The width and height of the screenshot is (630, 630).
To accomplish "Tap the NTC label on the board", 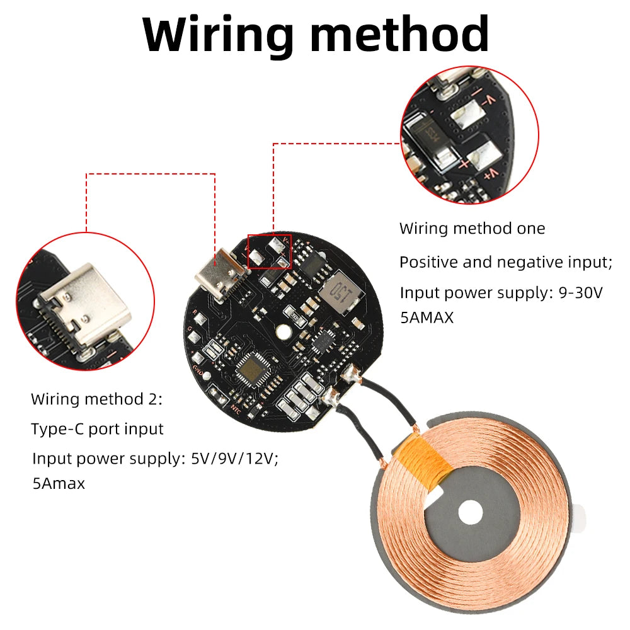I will tap(235, 407).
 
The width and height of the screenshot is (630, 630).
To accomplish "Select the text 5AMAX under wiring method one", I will tap(427, 318).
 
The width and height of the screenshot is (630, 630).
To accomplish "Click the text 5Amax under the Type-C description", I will tap(58, 484).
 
